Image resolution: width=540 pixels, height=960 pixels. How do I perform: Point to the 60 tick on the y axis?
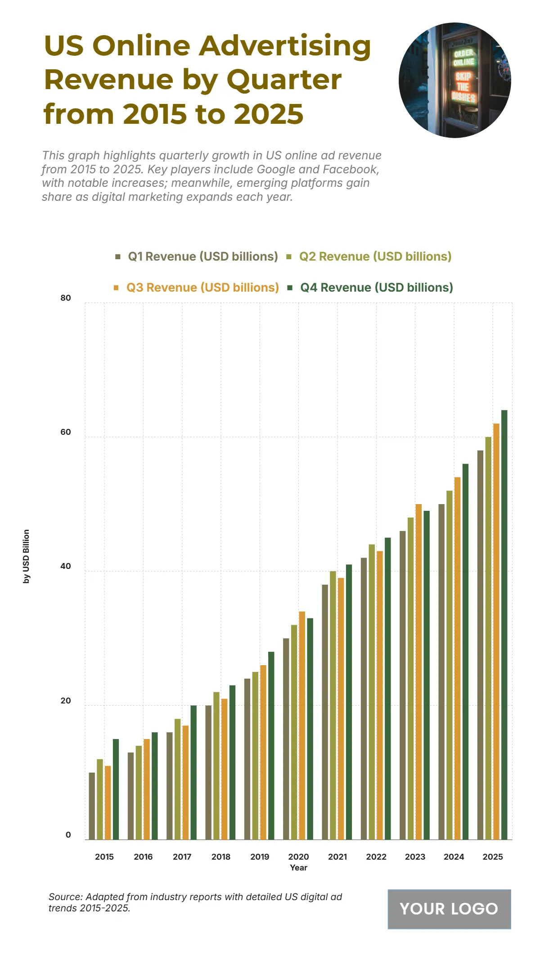pyautogui.click(x=66, y=432)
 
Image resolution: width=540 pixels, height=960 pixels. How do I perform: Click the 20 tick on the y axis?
pyautogui.click(x=66, y=701)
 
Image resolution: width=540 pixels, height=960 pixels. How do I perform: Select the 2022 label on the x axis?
pyautogui.click(x=376, y=856)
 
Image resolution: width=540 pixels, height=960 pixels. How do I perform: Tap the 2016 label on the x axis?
pyautogui.click(x=143, y=856)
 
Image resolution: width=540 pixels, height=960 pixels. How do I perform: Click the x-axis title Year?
pyautogui.click(x=298, y=868)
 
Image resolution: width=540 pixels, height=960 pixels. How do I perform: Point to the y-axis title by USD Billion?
pyautogui.click(x=26, y=556)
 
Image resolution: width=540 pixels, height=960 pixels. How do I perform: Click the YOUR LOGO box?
pyautogui.click(x=449, y=909)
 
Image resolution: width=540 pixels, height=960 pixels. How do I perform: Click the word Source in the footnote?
pyautogui.click(x=65, y=897)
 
